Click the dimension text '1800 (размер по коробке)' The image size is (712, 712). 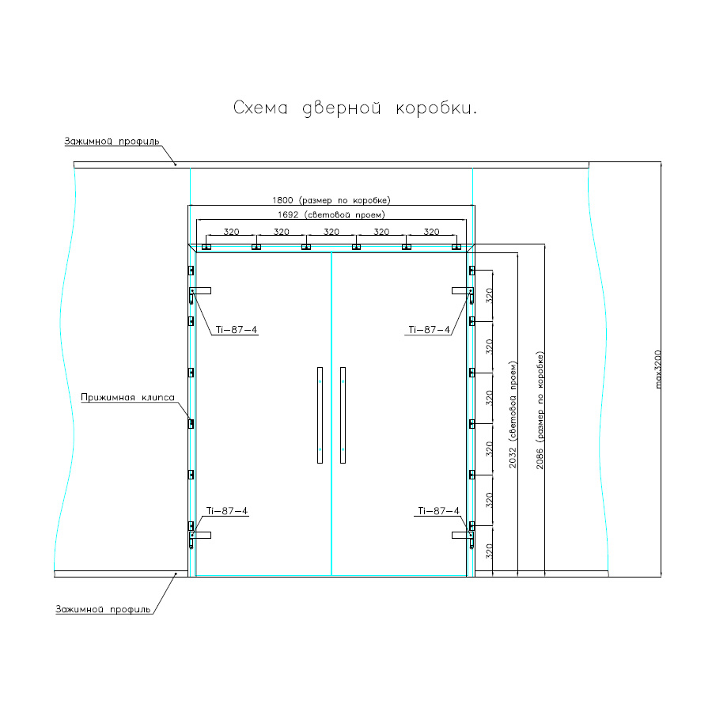tap(331, 200)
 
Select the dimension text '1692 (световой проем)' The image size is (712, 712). tap(331, 214)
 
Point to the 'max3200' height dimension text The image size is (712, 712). tap(659, 369)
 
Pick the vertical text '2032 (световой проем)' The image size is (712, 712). tap(513, 415)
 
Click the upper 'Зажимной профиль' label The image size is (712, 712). tap(112, 141)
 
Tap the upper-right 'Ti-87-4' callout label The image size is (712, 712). tap(429, 330)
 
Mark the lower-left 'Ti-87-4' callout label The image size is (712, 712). tap(226, 511)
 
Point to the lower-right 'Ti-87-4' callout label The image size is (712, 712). tap(438, 511)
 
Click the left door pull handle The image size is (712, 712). tap(320, 415)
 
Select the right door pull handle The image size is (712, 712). tap(343, 415)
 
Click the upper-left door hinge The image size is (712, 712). tap(200, 292)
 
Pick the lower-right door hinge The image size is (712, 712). tap(463, 536)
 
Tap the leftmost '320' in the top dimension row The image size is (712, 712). tap(231, 232)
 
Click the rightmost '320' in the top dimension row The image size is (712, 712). tap(431, 232)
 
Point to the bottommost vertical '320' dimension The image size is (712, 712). tap(489, 551)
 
